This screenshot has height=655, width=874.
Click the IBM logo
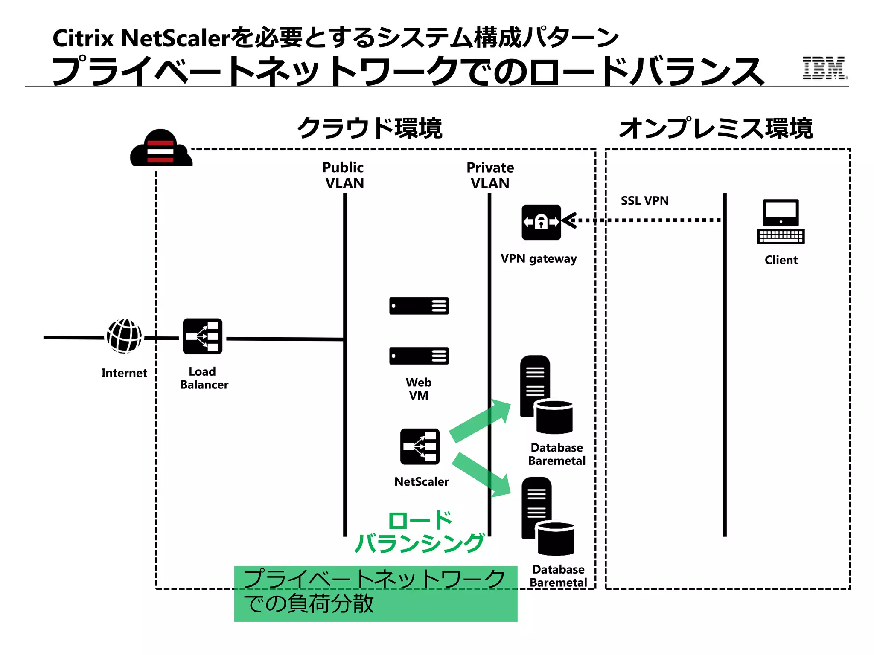824,68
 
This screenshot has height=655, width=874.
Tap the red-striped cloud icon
161,149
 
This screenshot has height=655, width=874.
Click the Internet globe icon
124,336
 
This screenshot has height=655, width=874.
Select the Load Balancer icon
202,336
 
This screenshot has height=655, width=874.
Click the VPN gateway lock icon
541,222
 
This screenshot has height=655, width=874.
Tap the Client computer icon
781,222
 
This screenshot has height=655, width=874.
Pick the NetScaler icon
420,446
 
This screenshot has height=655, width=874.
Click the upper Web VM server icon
419,306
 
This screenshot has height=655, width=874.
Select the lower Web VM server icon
419,356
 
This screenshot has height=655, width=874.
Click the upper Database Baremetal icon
546,394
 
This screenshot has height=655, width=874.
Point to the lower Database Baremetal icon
547,516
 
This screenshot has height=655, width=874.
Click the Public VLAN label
344,175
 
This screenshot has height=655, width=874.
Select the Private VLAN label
490,175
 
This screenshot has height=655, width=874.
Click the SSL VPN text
644,200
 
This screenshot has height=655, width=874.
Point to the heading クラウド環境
370,128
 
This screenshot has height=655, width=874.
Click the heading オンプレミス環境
716,128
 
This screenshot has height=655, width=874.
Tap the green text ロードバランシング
420,532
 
